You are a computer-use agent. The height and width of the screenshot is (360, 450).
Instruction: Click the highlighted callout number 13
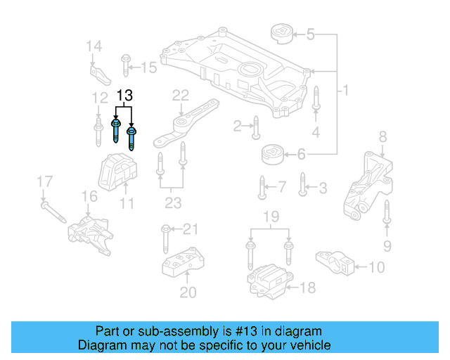point(124,95)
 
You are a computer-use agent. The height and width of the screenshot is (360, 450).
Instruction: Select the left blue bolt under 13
point(115,131)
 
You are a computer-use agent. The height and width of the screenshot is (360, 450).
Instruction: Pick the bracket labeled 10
point(337,262)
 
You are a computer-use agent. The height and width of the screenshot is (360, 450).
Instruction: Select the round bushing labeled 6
point(272,154)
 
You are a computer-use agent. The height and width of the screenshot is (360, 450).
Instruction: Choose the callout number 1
point(345,91)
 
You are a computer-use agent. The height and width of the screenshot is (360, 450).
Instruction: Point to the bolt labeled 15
point(125,64)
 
